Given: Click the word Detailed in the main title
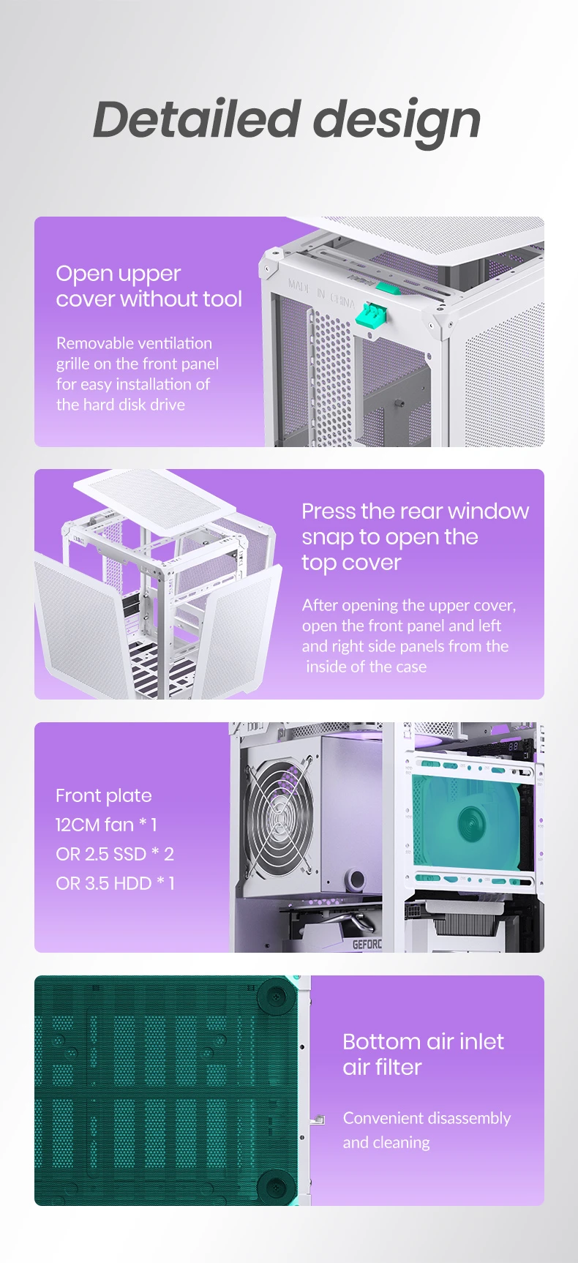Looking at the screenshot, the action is pyautogui.click(x=197, y=119).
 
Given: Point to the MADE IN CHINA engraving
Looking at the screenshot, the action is pyautogui.click(x=321, y=292).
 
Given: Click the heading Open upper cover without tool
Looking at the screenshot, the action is pyautogui.click(x=149, y=286).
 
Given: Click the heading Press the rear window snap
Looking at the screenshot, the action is pyautogui.click(x=415, y=536).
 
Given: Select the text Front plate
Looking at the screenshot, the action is pyautogui.click(x=104, y=795).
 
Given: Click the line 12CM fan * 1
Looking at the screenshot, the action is pyautogui.click(x=106, y=825).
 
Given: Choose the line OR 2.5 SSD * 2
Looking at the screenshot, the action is pyautogui.click(x=115, y=854).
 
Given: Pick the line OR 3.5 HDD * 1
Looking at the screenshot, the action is pyautogui.click(x=116, y=883).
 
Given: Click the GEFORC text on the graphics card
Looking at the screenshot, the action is pyautogui.click(x=367, y=944).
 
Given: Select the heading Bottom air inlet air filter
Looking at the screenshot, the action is pyautogui.click(x=423, y=1054).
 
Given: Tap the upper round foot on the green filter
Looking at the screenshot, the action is pyautogui.click(x=276, y=996).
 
